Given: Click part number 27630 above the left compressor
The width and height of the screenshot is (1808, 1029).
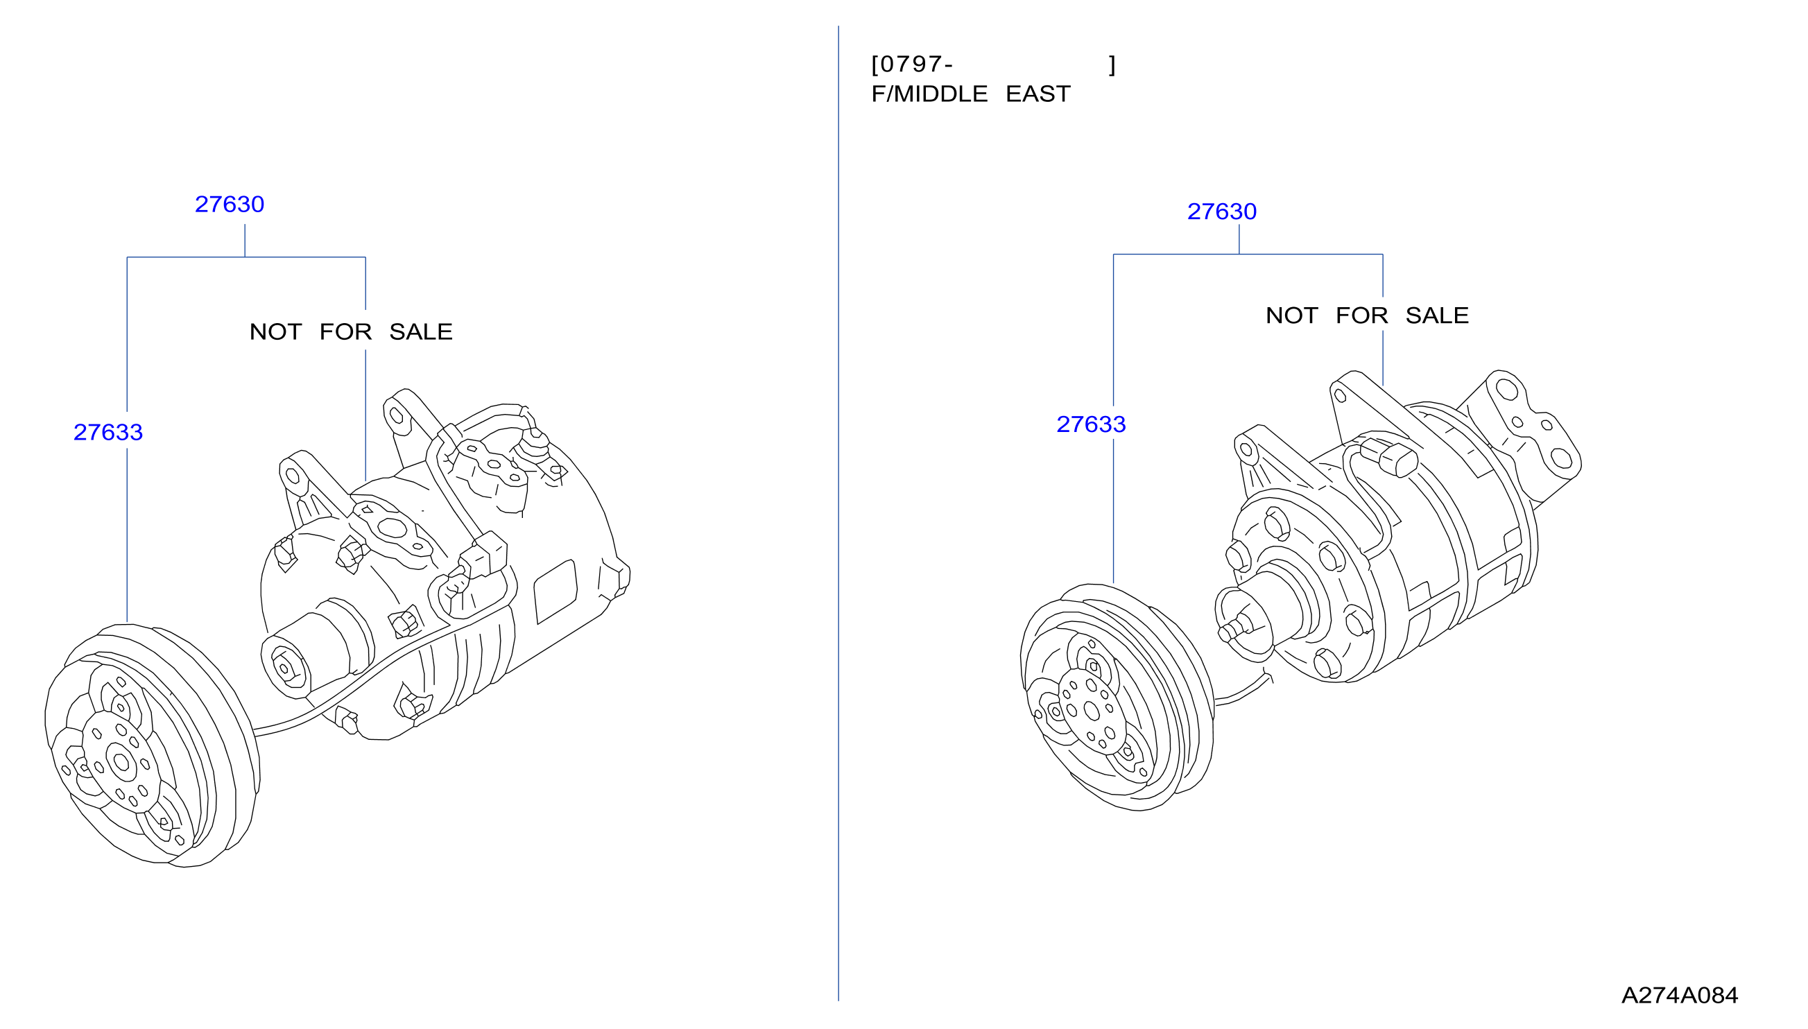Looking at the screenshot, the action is (229, 205).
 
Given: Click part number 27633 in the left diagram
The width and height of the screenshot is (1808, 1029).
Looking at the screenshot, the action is (108, 433).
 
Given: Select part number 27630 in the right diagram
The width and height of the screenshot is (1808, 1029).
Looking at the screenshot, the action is (1221, 211).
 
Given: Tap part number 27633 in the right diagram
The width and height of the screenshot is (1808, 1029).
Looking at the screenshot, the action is (1091, 424).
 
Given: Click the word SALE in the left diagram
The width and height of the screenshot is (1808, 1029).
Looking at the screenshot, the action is (420, 332).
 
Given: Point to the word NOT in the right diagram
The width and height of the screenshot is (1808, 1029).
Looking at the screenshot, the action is (1291, 315).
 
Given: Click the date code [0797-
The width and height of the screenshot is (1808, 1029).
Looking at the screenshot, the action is (912, 64).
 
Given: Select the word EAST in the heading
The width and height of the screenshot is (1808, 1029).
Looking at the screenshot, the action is (1038, 94).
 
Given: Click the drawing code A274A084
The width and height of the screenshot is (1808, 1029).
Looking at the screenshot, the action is (1680, 995).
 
